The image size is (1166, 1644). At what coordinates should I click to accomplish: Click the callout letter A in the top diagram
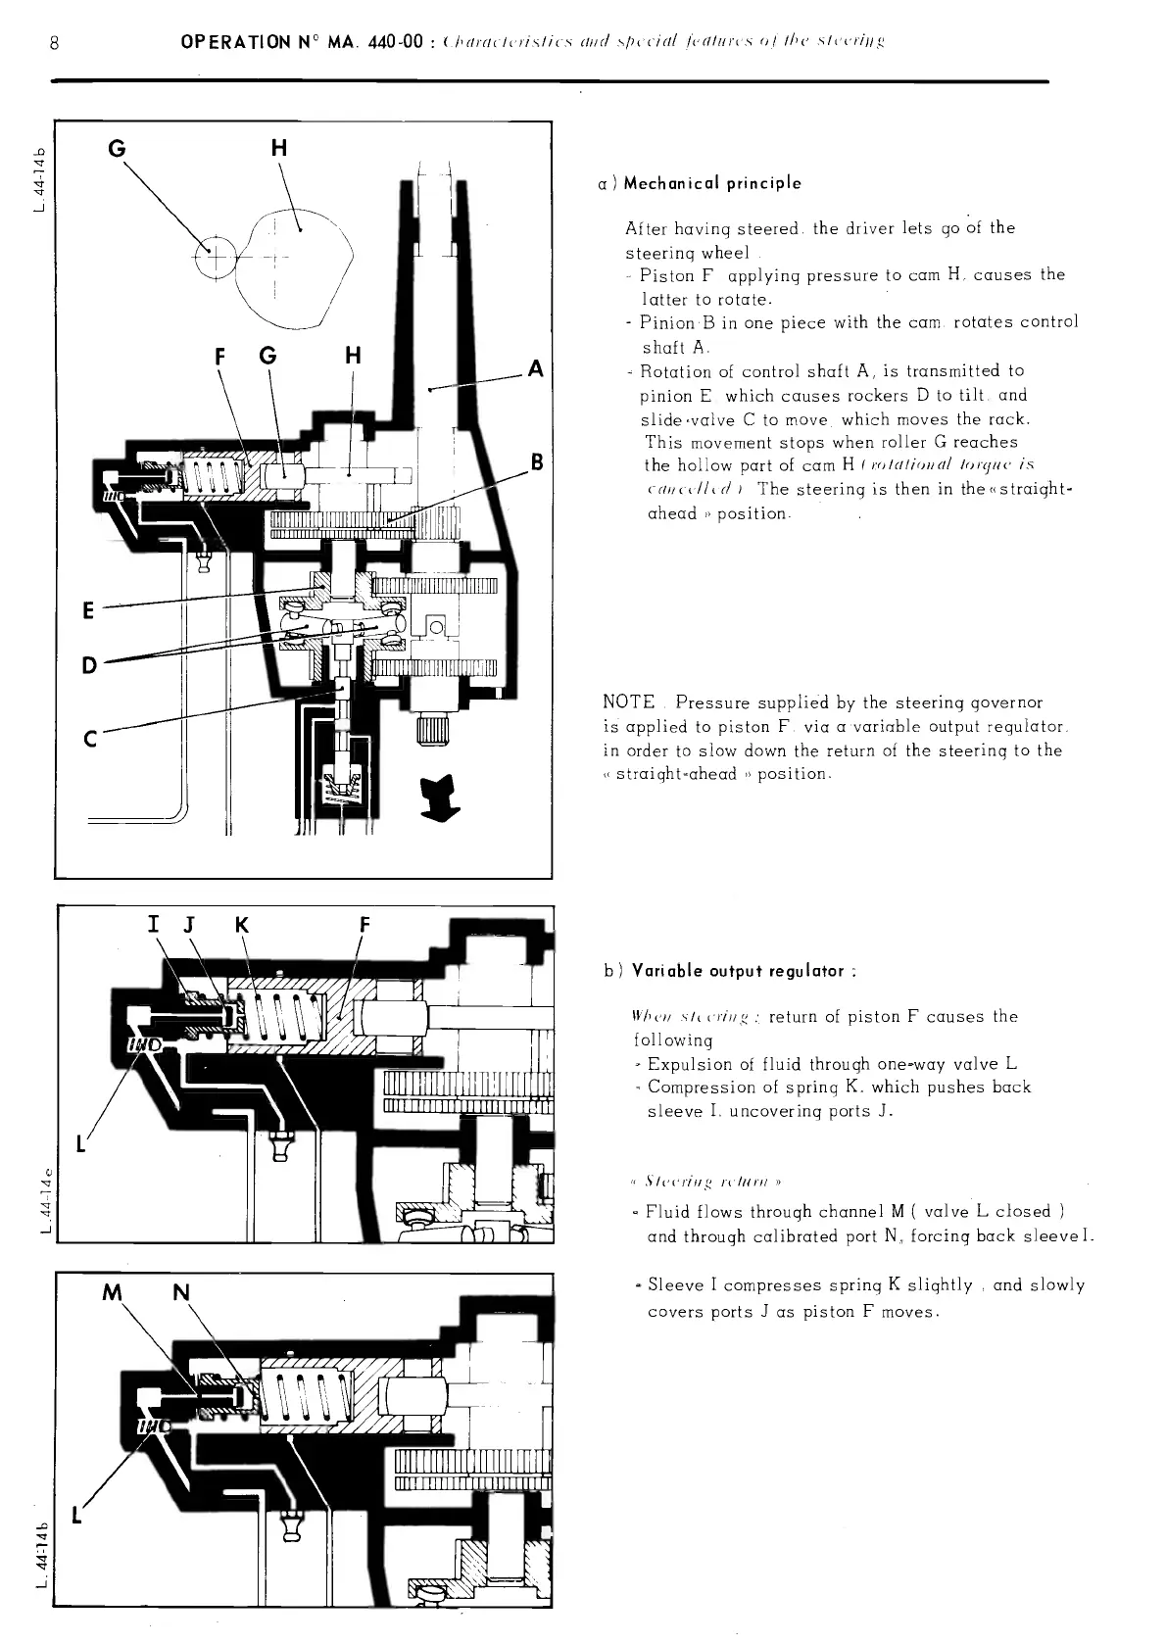tap(535, 368)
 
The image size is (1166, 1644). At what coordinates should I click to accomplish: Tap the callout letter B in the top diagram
tap(536, 461)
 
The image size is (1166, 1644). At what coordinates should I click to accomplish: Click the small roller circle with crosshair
tap(211, 259)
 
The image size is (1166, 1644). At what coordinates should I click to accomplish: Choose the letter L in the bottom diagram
tap(77, 1516)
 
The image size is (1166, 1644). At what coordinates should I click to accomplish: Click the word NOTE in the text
tap(628, 702)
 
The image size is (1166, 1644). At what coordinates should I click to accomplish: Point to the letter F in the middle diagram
tap(364, 926)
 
